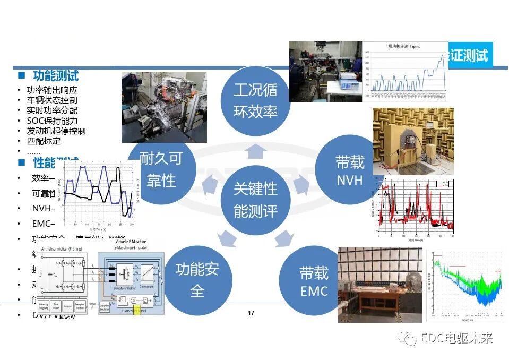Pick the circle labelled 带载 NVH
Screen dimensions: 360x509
coord(349,170)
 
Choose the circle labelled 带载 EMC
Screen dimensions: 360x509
coord(313,281)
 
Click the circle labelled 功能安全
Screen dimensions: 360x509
coord(197,279)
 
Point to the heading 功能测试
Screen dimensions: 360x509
coord(56,75)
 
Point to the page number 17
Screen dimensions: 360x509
coord(251,313)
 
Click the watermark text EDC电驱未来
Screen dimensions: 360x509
coord(456,338)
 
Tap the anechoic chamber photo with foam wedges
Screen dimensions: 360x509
coord(413,141)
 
